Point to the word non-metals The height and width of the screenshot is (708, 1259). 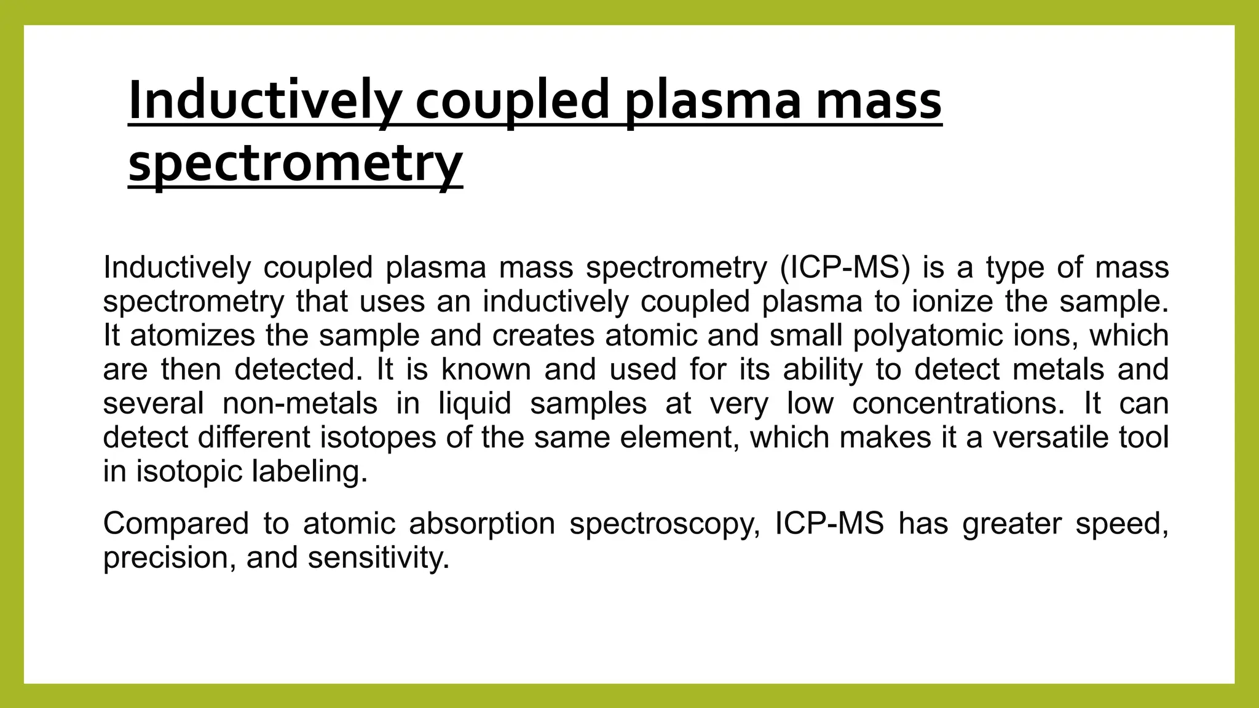(300, 404)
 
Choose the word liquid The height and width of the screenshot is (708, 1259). (475, 404)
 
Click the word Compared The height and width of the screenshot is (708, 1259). (176, 524)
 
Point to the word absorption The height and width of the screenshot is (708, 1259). (482, 524)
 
